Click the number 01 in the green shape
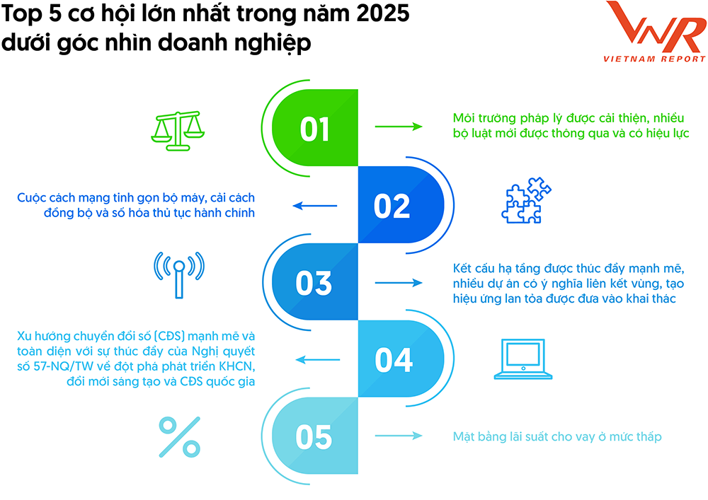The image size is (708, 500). (x=315, y=129)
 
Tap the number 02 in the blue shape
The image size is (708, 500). (x=392, y=207)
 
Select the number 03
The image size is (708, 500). (x=314, y=284)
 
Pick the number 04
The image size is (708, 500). (x=393, y=360)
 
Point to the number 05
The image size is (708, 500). (x=314, y=437)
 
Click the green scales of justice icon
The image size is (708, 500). (x=178, y=131)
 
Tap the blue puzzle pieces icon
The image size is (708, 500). (x=527, y=200)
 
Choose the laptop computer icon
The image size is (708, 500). (x=523, y=359)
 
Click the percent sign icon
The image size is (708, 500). (x=180, y=437)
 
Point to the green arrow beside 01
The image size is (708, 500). (x=399, y=127)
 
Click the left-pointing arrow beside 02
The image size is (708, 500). (x=315, y=206)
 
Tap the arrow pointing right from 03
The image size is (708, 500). (x=399, y=283)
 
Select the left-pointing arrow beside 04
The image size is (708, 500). (x=317, y=360)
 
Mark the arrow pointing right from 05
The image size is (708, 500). (x=399, y=436)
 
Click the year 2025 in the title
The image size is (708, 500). (x=383, y=13)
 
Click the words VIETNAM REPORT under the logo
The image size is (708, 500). (x=655, y=59)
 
